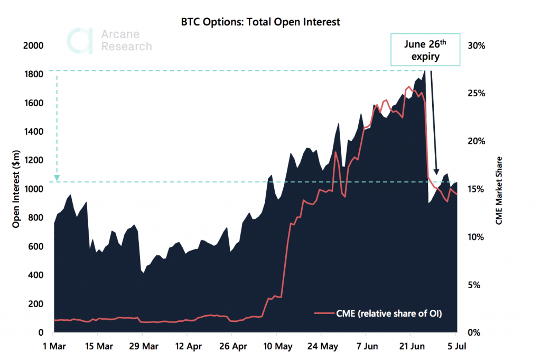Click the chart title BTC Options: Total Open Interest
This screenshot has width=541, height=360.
point(261,22)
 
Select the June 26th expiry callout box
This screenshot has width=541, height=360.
point(425,50)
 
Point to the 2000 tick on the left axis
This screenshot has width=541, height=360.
point(33,45)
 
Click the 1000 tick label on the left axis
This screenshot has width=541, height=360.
point(33,189)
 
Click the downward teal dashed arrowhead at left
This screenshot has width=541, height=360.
point(57,178)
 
